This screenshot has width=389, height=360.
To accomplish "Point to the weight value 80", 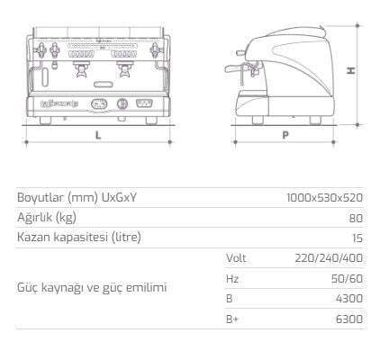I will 357,217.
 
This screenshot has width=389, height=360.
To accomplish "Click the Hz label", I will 231,278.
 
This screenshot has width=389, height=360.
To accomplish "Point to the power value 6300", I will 349,319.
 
